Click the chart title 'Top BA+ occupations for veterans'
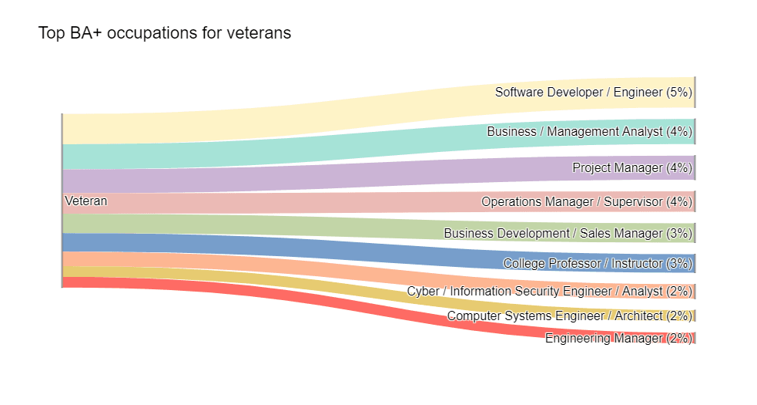(164, 33)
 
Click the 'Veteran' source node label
(86, 201)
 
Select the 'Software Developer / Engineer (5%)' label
(593, 93)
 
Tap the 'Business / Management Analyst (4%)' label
(589, 132)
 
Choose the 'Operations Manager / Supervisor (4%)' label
(586, 202)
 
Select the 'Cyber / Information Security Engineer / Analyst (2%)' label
(549, 292)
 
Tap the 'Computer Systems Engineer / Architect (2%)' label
(569, 316)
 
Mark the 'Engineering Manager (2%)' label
(618, 338)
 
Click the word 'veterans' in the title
(259, 33)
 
